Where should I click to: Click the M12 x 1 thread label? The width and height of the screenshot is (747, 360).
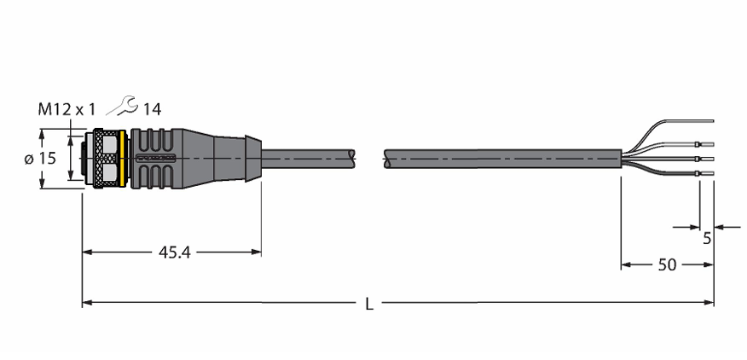(67, 110)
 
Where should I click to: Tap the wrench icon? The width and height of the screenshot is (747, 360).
(122, 106)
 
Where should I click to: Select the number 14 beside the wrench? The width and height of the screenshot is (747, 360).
(153, 110)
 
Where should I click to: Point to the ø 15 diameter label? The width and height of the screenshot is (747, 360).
(41, 159)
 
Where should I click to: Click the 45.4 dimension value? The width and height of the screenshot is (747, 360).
(174, 253)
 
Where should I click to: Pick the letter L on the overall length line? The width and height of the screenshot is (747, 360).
(369, 304)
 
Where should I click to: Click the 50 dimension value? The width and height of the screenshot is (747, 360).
(667, 265)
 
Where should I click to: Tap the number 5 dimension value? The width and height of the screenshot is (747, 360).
(707, 238)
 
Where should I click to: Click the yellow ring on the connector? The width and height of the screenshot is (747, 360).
(123, 159)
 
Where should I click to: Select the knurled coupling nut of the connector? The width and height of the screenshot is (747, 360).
(106, 159)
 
